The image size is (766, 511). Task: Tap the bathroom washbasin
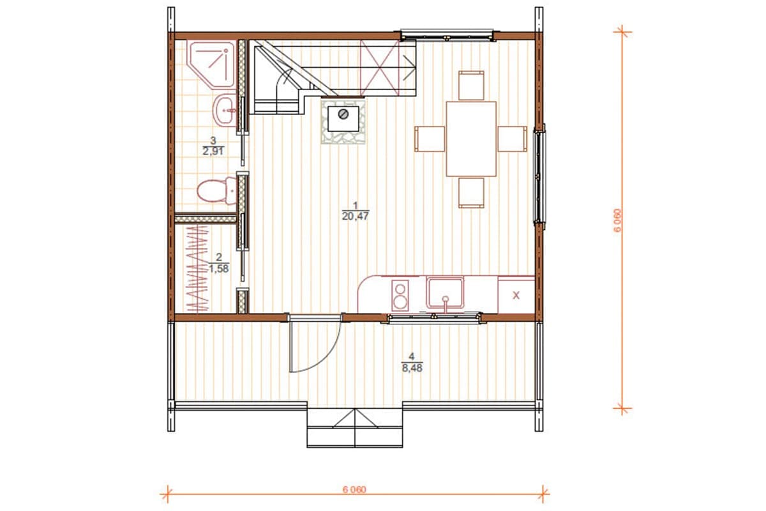[x=224, y=111]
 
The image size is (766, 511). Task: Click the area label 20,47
[x=356, y=217]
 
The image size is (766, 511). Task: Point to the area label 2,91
[x=213, y=151]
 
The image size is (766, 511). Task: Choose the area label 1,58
[x=219, y=269]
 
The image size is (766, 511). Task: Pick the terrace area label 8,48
[x=412, y=368]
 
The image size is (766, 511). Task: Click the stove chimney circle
[x=343, y=114]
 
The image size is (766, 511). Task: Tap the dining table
[x=471, y=139]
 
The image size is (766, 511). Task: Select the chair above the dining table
[x=471, y=85]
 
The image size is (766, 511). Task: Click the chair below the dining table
[x=471, y=193]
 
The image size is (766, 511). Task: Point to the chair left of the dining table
[x=430, y=139]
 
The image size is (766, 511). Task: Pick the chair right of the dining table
[x=512, y=139]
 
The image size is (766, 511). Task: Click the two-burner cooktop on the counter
[x=400, y=295]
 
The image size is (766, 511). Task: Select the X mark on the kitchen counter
[x=516, y=295]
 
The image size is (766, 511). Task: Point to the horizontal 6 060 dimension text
[x=354, y=489]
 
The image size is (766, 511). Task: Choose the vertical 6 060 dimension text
[x=617, y=220]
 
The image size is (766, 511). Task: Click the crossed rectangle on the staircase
[x=380, y=68]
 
